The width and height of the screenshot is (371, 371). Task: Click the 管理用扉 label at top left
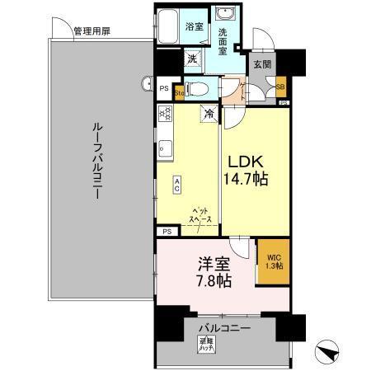point(91,32)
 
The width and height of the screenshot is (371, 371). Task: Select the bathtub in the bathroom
point(171,24)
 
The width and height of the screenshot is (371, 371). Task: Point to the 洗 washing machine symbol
point(191,59)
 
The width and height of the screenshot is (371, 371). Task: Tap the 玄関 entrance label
point(262,64)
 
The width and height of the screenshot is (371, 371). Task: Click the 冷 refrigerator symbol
point(209,115)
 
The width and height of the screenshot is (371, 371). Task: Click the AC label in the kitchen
point(176,185)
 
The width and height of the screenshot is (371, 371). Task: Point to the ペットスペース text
point(201,215)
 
